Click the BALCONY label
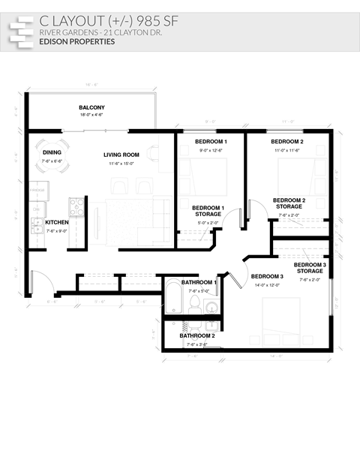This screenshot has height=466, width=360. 91,108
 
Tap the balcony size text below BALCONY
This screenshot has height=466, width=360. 91,115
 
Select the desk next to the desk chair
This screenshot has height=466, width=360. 166,147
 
